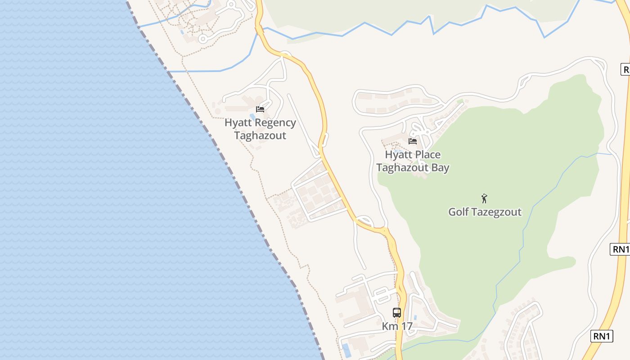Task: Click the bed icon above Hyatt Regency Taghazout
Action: (x=260, y=109)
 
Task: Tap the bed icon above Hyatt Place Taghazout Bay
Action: (x=412, y=141)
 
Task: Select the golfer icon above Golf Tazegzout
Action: (x=484, y=198)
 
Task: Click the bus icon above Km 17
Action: (x=397, y=313)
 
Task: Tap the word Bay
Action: (x=439, y=168)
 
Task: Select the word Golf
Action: (x=458, y=212)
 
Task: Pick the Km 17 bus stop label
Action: (x=397, y=326)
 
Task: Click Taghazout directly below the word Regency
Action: (x=260, y=135)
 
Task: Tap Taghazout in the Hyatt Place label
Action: (x=400, y=168)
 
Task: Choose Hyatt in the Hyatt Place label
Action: (x=397, y=155)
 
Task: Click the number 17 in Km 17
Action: (x=407, y=326)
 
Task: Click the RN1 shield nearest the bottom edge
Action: (x=602, y=336)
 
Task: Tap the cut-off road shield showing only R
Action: (x=625, y=69)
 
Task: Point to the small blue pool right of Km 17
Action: (x=415, y=317)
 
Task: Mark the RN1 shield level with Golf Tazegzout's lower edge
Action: (x=620, y=249)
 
